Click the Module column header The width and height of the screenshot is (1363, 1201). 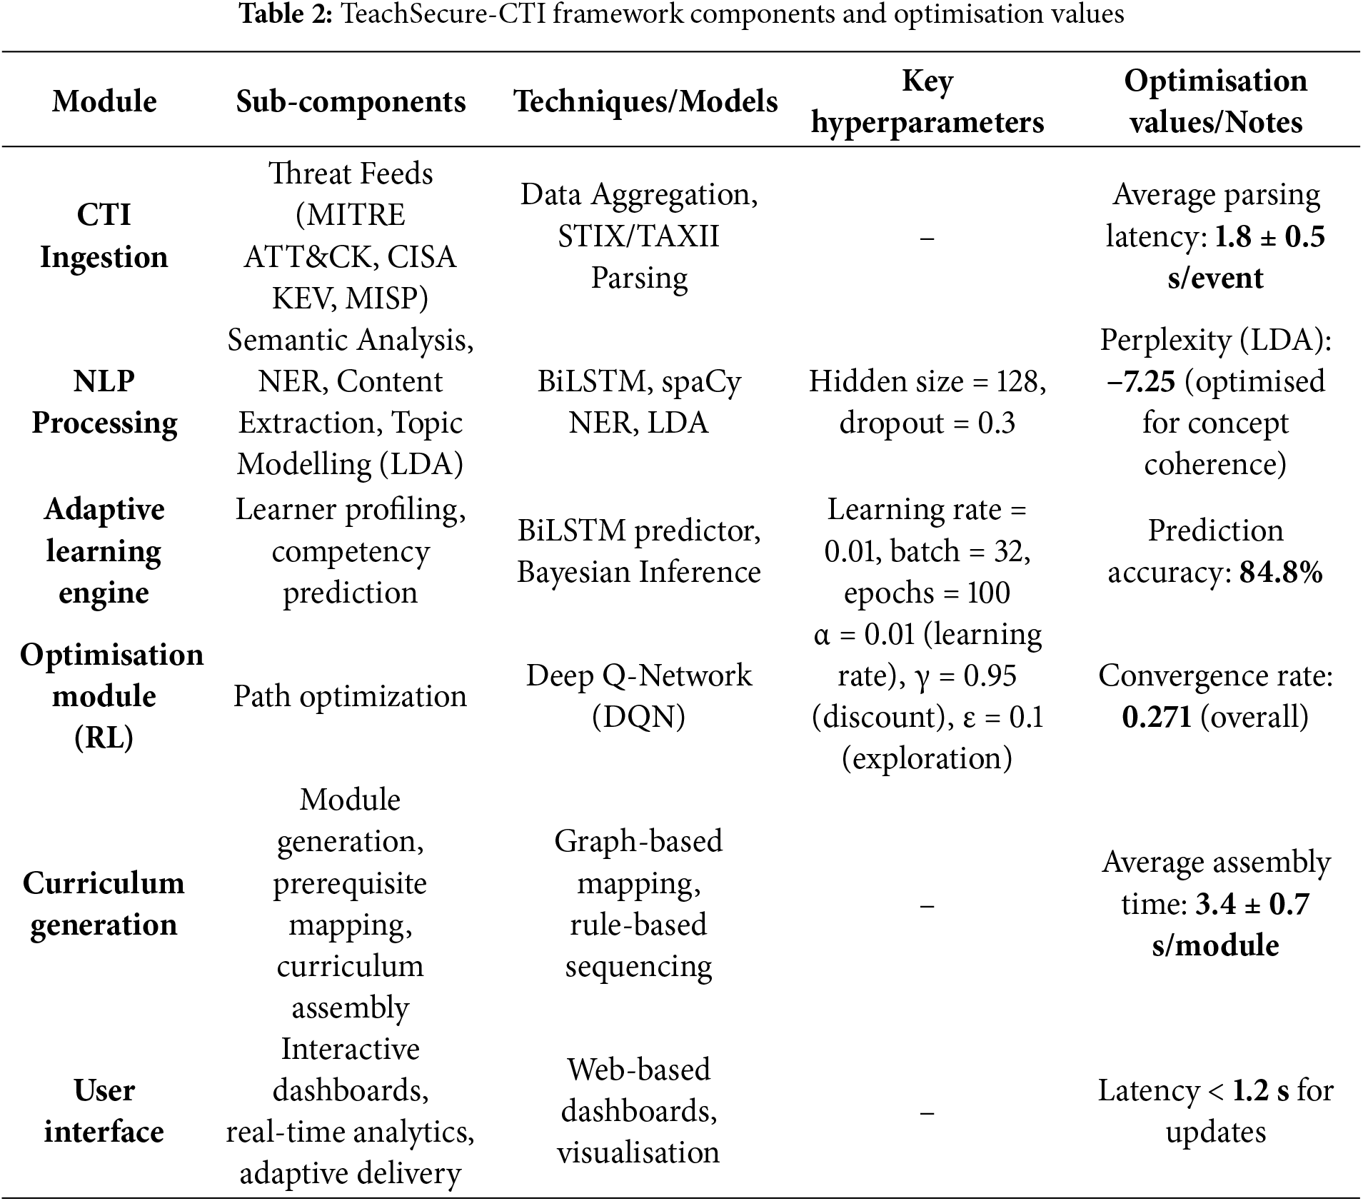pos(104,101)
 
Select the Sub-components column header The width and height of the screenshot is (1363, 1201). pos(351,101)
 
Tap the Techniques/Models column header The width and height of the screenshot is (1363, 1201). pos(645,101)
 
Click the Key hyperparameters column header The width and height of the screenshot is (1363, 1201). pos(927,101)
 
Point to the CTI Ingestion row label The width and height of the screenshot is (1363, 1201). pos(104,236)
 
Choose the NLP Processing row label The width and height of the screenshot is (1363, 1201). pos(104,402)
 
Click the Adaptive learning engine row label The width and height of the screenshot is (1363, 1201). pos(104,551)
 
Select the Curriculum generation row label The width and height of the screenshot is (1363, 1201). pos(104,903)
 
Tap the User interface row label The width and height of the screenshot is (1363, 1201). pos(104,1111)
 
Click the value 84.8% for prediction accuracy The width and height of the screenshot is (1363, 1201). pos(1281,573)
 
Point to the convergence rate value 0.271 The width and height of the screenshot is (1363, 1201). pos(1157,717)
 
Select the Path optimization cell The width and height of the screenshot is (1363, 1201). pos(350,696)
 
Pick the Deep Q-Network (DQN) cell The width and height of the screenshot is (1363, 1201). pos(639,696)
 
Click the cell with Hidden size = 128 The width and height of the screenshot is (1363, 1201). pos(927,402)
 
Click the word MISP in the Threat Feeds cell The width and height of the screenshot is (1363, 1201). pos(386,298)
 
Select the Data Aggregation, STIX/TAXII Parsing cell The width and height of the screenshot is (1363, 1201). pos(639,236)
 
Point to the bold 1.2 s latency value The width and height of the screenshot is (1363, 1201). pos(1261,1091)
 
